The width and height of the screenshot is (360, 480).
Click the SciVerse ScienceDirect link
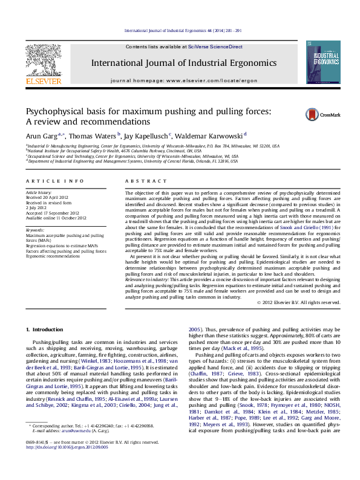click(x=215, y=47)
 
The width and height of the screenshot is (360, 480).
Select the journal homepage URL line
click(x=184, y=80)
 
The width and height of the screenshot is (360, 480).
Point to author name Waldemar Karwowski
click(x=210, y=135)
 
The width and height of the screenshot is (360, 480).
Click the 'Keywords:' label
click(x=34, y=230)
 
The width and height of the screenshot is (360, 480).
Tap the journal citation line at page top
click(x=183, y=30)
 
